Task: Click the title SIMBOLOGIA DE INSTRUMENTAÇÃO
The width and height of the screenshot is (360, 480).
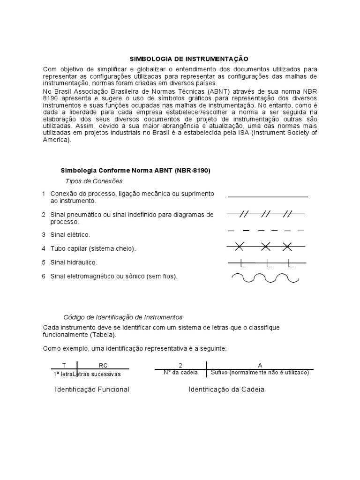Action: (x=188, y=59)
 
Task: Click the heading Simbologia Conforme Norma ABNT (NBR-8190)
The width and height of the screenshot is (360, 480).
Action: (x=136, y=171)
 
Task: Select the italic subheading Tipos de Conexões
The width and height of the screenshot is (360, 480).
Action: (x=94, y=181)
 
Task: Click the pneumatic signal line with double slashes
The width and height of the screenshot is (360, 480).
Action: (x=266, y=214)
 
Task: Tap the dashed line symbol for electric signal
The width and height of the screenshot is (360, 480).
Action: (x=266, y=231)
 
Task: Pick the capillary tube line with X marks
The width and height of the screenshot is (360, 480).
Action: (x=266, y=246)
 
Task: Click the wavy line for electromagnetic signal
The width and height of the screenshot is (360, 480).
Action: (x=266, y=278)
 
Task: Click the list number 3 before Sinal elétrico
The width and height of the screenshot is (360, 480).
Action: (x=44, y=234)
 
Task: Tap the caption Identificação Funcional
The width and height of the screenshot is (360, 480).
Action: (x=92, y=390)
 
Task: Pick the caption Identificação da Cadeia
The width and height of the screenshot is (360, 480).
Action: (x=226, y=390)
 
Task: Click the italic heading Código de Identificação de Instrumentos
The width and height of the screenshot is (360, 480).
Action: (x=123, y=317)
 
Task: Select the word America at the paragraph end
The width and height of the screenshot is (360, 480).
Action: (x=56, y=140)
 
